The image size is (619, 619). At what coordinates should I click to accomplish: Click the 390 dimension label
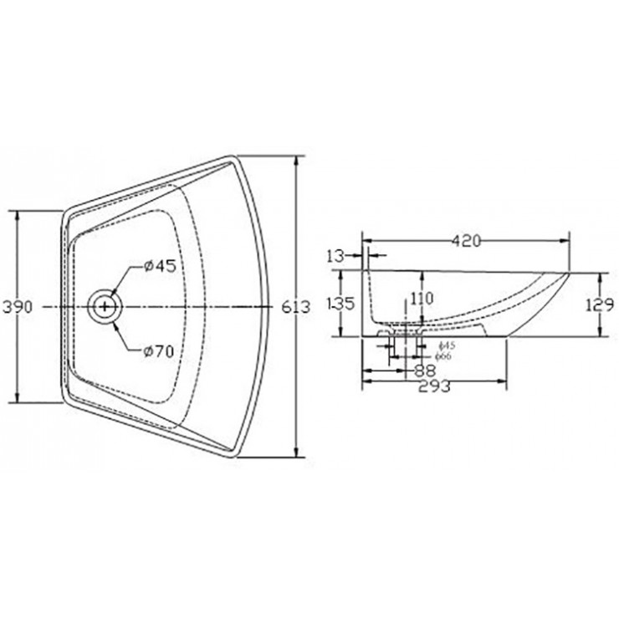pos(17,307)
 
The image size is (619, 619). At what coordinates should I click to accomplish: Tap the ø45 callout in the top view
pos(159,266)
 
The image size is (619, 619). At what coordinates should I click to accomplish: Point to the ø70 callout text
pos(159,351)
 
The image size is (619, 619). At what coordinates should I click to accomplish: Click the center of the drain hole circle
pos(105,307)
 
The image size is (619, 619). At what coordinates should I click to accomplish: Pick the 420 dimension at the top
pos(466,241)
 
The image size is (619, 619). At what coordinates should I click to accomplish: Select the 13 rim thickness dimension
pos(336,255)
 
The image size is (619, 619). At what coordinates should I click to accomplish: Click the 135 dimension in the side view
pos(341,302)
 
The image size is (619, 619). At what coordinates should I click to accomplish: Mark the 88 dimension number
pos(424,369)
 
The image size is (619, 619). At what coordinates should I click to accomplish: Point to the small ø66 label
pos(447,356)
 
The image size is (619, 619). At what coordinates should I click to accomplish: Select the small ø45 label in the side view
pos(447,345)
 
